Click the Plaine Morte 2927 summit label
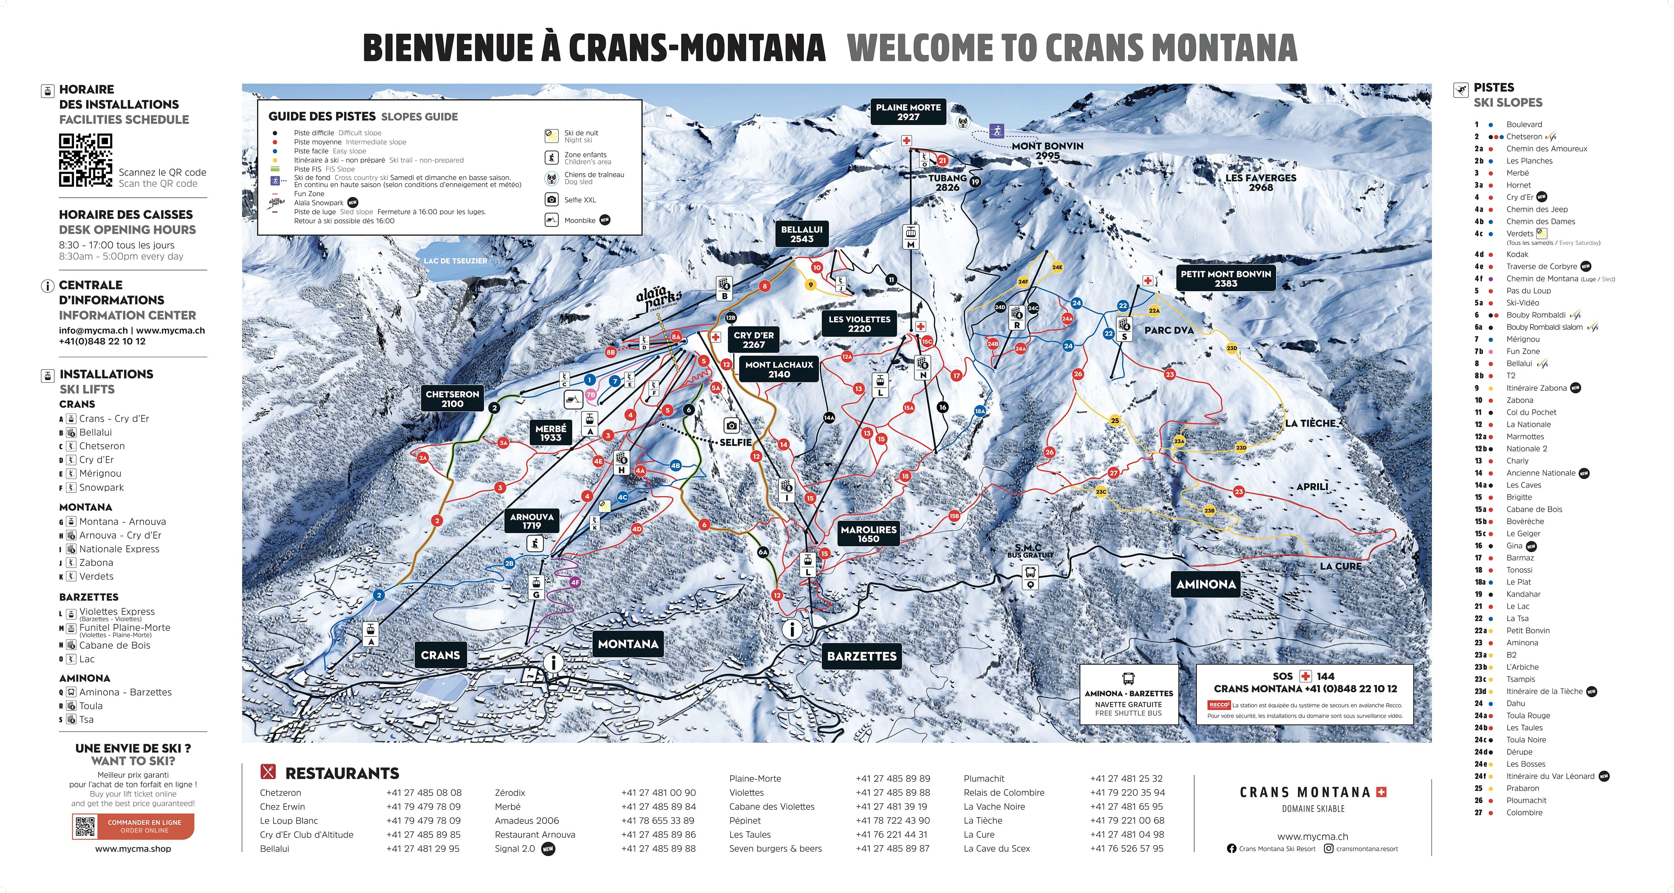click(x=908, y=112)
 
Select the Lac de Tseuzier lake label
click(x=455, y=260)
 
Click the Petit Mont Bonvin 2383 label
click(x=1226, y=278)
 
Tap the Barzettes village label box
click(x=862, y=656)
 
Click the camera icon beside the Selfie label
click(x=732, y=426)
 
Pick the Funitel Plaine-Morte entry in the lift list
click(x=125, y=628)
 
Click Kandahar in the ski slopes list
click(x=1523, y=594)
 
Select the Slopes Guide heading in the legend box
click(x=419, y=117)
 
